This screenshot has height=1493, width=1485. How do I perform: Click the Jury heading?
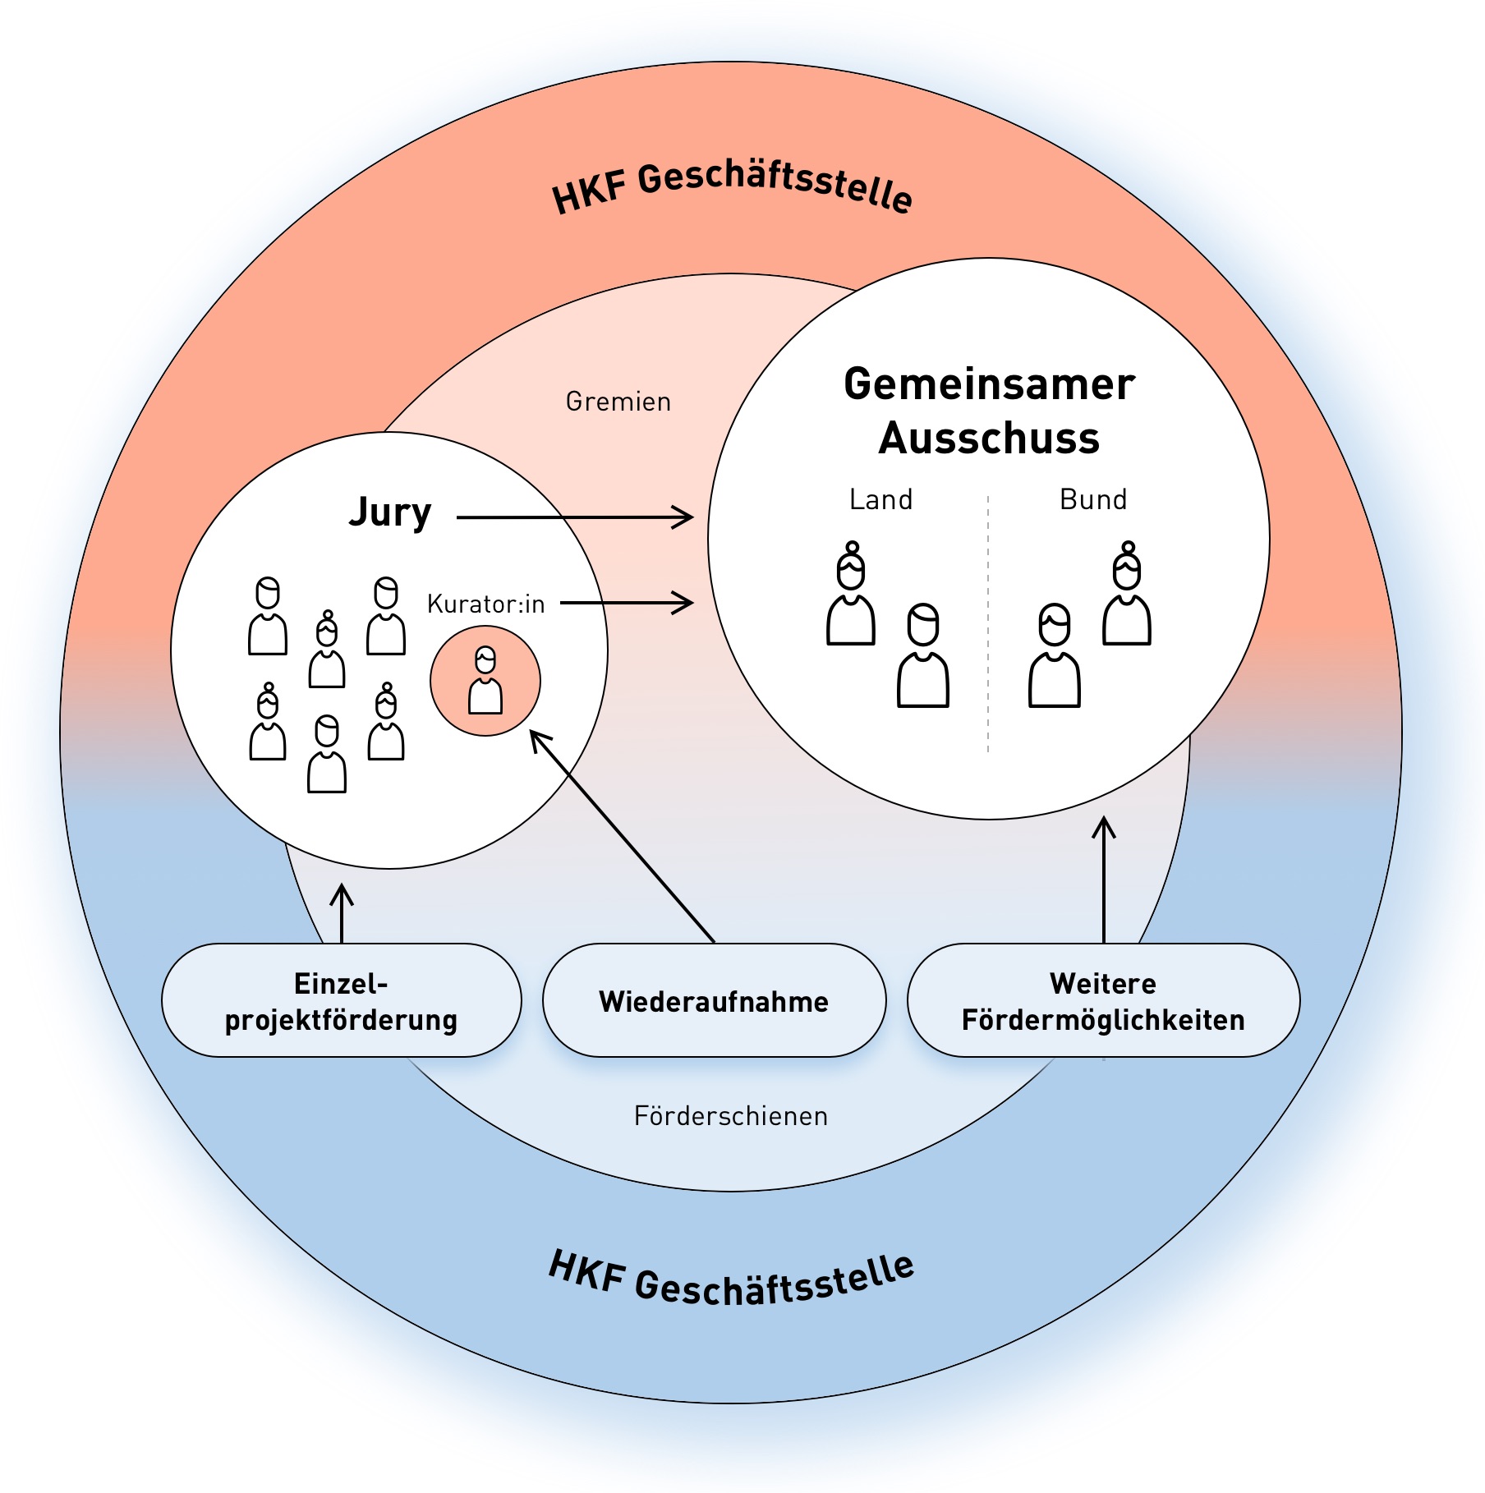click(x=390, y=512)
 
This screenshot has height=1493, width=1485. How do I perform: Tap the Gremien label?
click(x=618, y=402)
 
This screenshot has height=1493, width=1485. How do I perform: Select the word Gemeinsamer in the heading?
click(x=989, y=384)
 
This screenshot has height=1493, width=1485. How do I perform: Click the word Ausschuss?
click(x=989, y=439)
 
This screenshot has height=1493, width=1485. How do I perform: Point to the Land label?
click(x=880, y=499)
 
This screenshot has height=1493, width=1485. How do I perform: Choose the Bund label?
click(x=1093, y=499)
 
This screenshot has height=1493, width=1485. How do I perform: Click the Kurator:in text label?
click(x=485, y=604)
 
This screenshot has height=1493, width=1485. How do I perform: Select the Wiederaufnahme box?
click(x=714, y=1000)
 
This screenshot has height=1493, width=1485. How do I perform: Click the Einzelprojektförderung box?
click(x=341, y=1000)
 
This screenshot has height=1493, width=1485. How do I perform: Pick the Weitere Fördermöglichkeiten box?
click(x=1103, y=1000)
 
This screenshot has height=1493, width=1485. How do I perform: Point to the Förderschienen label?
click(x=731, y=1116)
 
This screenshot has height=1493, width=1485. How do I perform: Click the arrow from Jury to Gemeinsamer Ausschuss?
click(x=575, y=517)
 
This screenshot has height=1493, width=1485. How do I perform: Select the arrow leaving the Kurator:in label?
click(x=628, y=603)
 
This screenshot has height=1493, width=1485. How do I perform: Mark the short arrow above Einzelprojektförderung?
click(x=342, y=913)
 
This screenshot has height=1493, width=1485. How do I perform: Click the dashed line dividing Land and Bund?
click(x=988, y=624)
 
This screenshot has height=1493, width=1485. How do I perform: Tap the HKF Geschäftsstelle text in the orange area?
click(x=731, y=187)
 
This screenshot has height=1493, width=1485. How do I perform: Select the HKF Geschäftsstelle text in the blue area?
click(x=731, y=1281)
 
